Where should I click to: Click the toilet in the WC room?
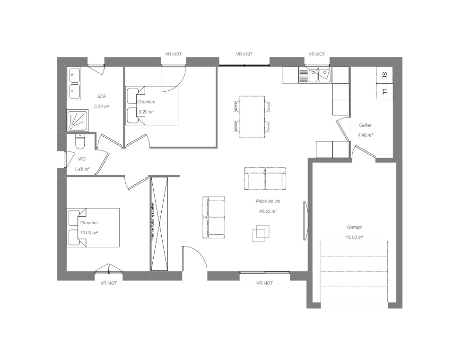pos(79,141)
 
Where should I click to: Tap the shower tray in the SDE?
pos(78,120)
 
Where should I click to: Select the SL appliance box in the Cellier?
pos(384,75)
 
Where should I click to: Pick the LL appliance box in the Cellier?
pos(384,92)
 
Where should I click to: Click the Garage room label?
pos(354,228)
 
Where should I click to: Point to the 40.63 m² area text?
pos(268,211)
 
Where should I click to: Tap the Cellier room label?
pos(365,125)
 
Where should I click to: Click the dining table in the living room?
pos(252,117)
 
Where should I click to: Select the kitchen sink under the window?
pos(320,75)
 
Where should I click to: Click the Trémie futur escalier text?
pos(153,221)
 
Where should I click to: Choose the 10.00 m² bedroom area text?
pos(88,233)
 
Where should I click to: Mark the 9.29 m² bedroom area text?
pos(146,112)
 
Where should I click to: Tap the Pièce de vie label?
pos(268,201)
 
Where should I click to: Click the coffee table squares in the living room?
pos(261,233)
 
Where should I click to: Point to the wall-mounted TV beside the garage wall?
pos(306,221)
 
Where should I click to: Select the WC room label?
pos(82,159)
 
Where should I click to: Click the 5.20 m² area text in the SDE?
pos(102,106)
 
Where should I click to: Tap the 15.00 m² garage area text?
pos(354,237)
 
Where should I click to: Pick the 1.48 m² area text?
pos(82,169)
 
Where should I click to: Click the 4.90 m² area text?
pos(365,135)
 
